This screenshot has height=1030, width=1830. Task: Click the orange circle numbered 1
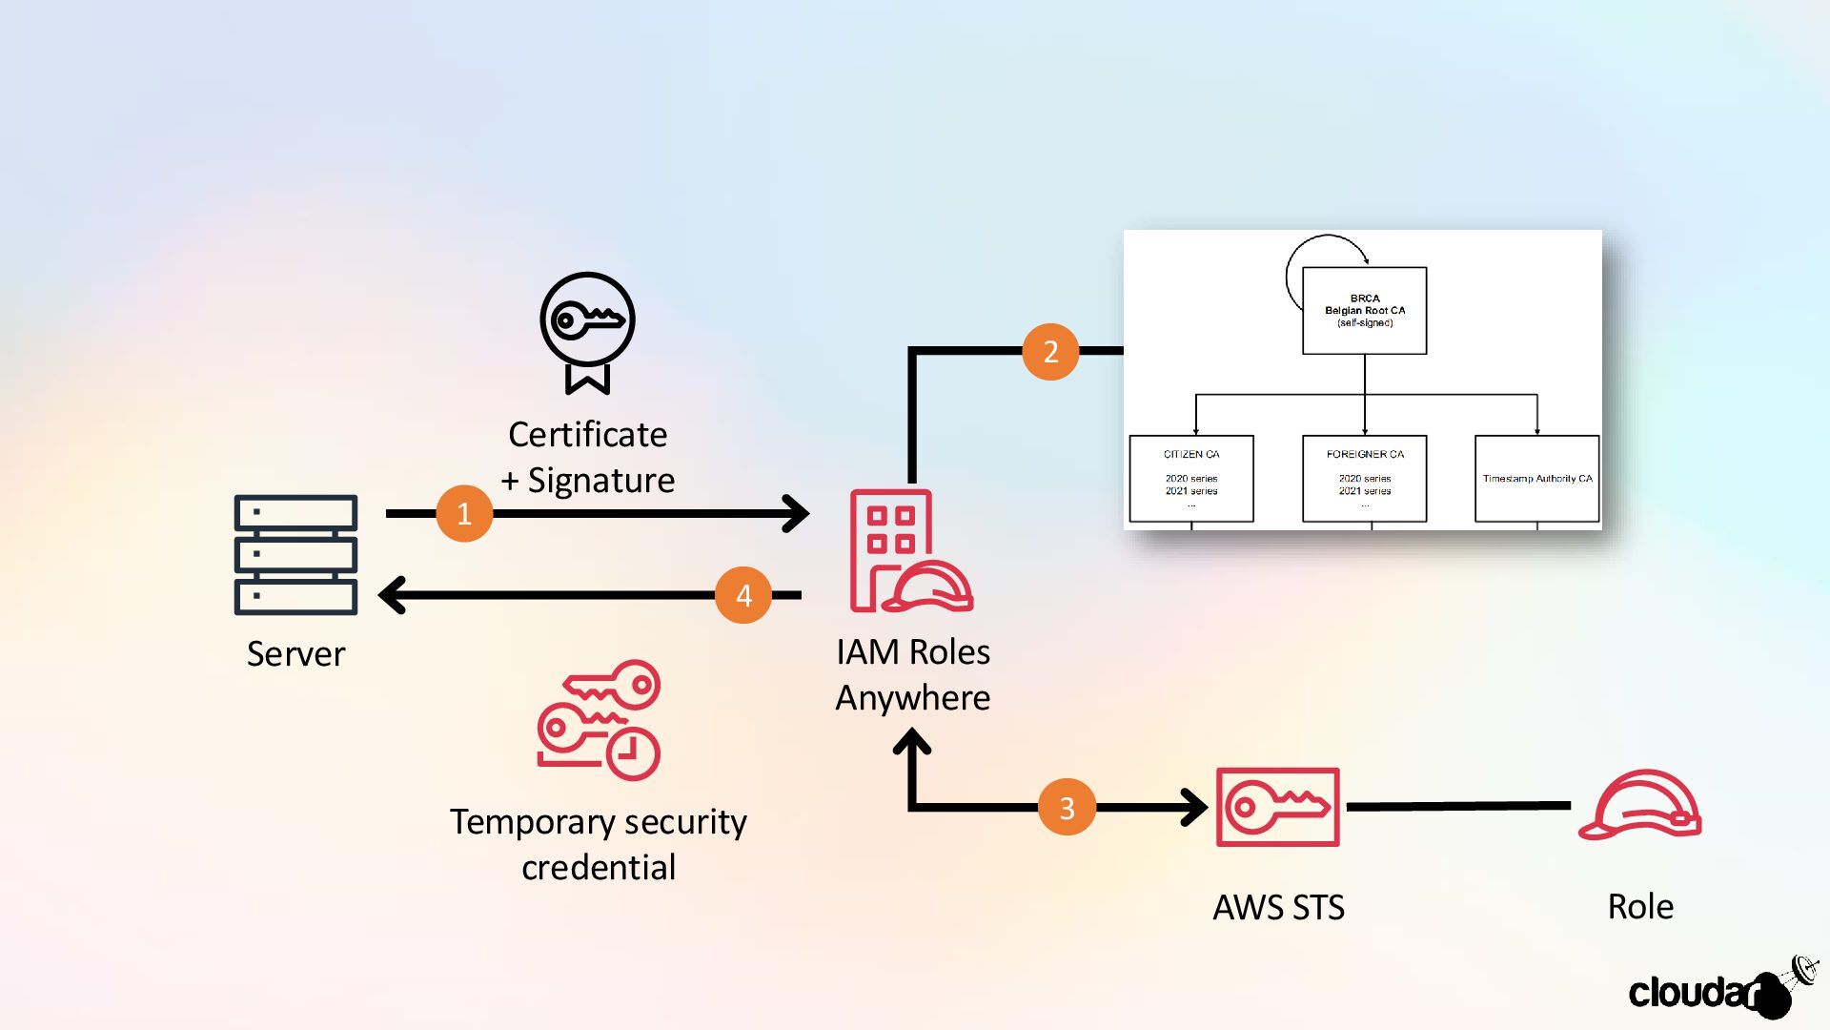[x=464, y=514]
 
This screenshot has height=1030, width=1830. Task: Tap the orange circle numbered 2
[x=1050, y=352]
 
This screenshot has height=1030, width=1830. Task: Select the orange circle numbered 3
[x=1067, y=808]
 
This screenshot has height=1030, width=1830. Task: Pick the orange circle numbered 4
[x=743, y=595]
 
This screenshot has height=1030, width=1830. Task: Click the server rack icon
[x=295, y=554]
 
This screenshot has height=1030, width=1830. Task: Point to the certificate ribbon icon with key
[x=587, y=332]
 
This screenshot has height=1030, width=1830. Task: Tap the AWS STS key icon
[x=1277, y=807]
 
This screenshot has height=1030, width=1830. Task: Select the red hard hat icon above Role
[x=1639, y=805]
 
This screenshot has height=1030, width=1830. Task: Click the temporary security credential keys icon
[x=599, y=720]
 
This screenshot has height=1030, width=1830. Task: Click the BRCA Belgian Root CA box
[x=1364, y=311]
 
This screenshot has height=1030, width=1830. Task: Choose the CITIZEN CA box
[x=1190, y=479]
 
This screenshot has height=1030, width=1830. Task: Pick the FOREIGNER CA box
[x=1364, y=479]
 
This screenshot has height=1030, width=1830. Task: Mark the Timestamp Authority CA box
[x=1536, y=479]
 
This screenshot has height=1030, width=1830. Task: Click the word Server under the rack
[x=295, y=654]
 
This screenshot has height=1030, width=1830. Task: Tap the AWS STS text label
[x=1278, y=907]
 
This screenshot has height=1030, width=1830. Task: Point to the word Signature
[x=600, y=481]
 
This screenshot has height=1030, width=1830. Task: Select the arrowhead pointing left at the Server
[x=392, y=595]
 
